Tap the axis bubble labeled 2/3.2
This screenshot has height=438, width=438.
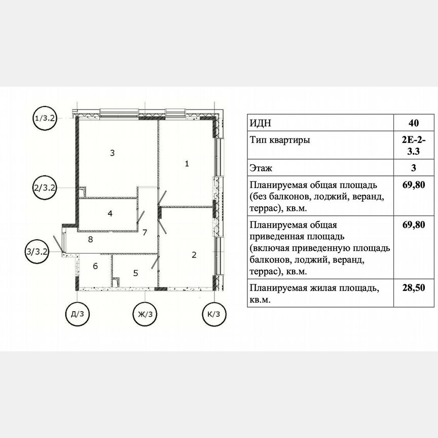click(x=44, y=187)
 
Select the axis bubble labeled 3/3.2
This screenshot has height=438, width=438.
click(x=38, y=251)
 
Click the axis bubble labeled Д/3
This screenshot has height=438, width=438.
click(x=78, y=314)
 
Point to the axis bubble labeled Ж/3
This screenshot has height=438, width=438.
click(x=145, y=314)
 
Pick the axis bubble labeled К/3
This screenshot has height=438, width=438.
click(x=213, y=314)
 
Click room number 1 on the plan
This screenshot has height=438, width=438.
click(x=187, y=164)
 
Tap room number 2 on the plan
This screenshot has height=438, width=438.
click(x=194, y=255)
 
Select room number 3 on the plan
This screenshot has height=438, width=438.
click(x=113, y=152)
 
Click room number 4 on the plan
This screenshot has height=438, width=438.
click(x=110, y=213)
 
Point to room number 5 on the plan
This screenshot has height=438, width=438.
click(x=135, y=273)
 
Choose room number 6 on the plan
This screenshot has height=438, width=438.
click(x=95, y=266)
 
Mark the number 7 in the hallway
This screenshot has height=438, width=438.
click(x=144, y=233)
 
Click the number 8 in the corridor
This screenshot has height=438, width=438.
click(x=90, y=239)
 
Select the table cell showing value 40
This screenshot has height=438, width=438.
click(x=413, y=123)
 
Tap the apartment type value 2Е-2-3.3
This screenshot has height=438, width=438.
click(x=413, y=145)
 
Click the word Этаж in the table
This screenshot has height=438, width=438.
click(x=262, y=168)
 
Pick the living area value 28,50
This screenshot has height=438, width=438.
click(x=413, y=288)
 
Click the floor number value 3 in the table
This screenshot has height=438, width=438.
click(x=413, y=168)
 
